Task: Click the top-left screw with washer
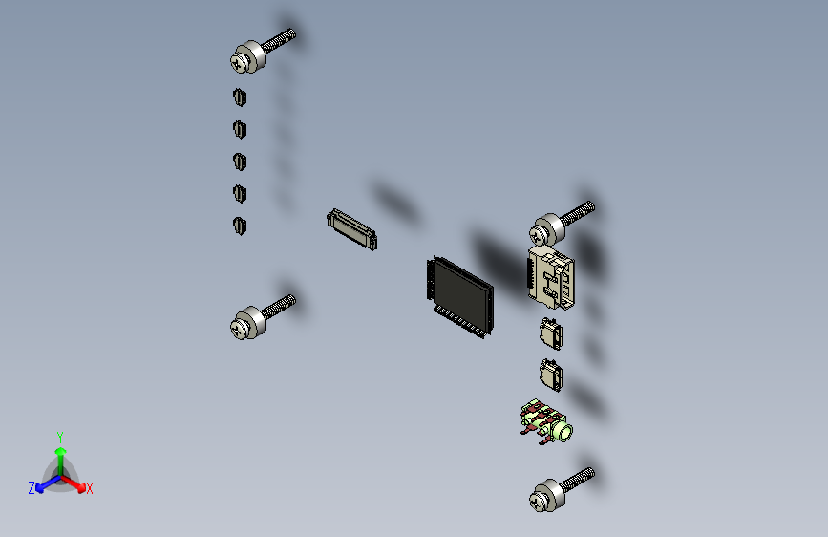(x=250, y=57)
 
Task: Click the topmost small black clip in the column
(x=240, y=97)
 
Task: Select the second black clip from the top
(x=240, y=129)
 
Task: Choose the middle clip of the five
(x=240, y=161)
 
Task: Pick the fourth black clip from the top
(x=240, y=194)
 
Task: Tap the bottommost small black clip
(x=240, y=226)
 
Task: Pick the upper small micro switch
(x=551, y=334)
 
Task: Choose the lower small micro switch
(x=551, y=374)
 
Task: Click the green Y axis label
(x=59, y=436)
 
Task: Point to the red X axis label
(x=90, y=489)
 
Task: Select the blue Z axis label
(x=32, y=488)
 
